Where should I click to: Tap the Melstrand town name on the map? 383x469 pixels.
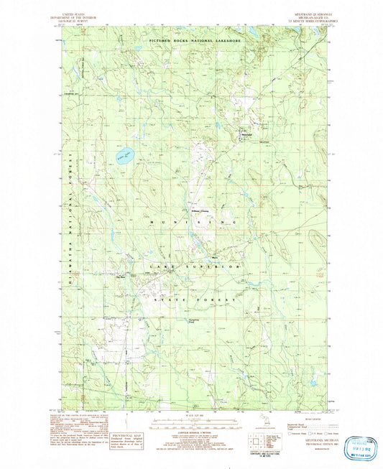pyautogui.click(x=247, y=133)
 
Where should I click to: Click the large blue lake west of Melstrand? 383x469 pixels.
pyautogui.click(x=124, y=156)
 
